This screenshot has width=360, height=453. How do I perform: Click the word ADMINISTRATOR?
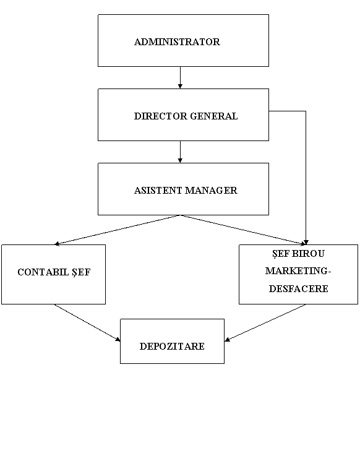(177, 41)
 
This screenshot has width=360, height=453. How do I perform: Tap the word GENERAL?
(214, 116)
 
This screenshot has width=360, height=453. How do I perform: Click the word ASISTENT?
(158, 191)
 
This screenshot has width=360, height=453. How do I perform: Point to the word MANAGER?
(211, 191)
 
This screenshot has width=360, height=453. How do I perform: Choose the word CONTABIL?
(43, 272)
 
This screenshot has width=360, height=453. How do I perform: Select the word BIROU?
(308, 254)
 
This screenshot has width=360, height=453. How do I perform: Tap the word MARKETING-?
(298, 271)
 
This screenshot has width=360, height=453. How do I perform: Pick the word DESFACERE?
(299, 288)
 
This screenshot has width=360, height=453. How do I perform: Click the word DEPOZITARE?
(172, 346)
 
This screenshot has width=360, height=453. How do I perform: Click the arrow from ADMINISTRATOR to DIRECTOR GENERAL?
(180, 77)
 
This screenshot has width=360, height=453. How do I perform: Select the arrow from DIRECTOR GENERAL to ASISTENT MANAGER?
(180, 152)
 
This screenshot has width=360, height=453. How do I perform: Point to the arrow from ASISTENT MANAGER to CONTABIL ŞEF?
(118, 230)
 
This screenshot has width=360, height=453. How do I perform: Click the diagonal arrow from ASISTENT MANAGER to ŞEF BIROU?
(243, 230)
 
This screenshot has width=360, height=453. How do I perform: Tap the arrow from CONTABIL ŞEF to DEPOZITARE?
(87, 322)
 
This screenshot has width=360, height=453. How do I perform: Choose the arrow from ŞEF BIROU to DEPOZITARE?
(265, 322)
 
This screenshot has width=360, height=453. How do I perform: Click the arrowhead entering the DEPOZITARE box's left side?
(118, 340)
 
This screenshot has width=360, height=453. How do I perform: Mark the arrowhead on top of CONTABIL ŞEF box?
(57, 244)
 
